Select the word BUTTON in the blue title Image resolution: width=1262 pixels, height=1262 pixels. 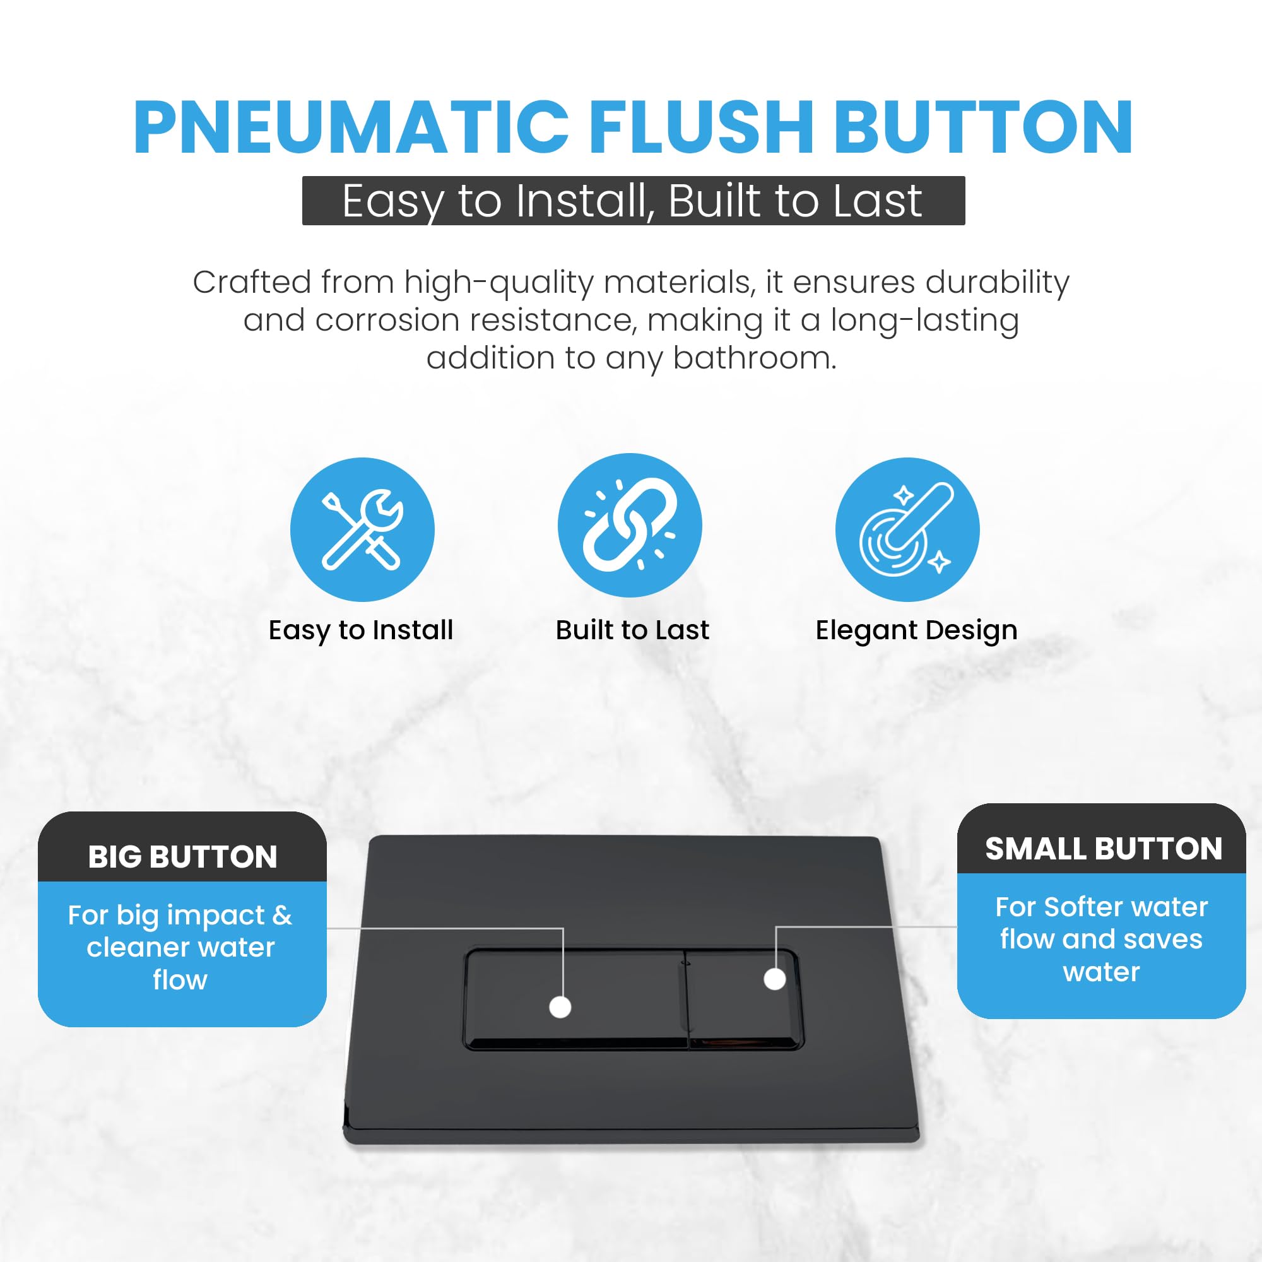tap(983, 127)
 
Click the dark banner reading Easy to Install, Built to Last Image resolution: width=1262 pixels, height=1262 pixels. tap(633, 201)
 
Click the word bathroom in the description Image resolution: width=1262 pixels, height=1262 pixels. tap(755, 358)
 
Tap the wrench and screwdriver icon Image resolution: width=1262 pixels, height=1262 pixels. tap(362, 530)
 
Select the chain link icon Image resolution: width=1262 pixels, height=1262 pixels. tap(629, 525)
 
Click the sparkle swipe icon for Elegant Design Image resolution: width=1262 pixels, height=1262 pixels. tap(907, 530)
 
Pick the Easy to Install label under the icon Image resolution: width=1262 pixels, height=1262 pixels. tap(361, 630)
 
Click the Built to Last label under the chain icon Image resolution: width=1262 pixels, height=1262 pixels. tap(632, 630)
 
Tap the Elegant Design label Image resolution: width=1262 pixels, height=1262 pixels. tap(916, 631)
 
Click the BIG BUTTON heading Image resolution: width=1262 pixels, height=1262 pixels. tap(183, 857)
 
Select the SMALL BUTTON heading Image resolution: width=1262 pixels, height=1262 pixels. tap(1103, 849)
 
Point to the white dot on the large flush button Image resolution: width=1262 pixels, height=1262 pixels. tap(560, 1006)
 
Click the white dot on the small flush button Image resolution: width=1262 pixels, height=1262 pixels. tap(775, 979)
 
